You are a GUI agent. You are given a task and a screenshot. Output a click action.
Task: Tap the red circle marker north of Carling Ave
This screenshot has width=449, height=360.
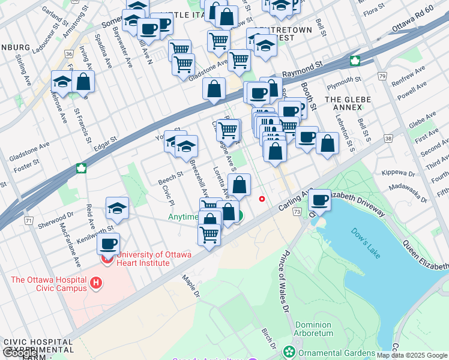261,199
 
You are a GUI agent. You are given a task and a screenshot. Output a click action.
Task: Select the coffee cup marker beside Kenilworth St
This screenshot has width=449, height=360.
109,244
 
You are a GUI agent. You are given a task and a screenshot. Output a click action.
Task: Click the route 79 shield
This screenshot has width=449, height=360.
382,76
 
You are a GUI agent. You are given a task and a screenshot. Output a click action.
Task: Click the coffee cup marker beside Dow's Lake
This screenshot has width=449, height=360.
320,199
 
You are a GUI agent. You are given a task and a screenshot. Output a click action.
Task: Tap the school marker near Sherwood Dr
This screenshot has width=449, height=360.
117,208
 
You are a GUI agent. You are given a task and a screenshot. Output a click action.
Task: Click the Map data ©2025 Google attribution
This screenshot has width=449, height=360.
412,355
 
